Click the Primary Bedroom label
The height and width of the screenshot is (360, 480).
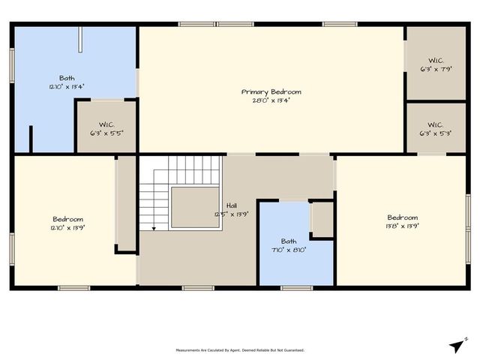(265, 91)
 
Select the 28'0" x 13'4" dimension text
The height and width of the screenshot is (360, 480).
(265, 100)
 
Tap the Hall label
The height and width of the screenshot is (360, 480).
(232, 205)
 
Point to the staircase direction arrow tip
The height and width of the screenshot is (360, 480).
(154, 228)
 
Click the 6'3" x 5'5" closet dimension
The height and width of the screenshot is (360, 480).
(106, 132)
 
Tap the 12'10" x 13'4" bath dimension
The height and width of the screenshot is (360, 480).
(67, 86)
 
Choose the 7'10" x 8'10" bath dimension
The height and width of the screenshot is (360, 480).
(289, 249)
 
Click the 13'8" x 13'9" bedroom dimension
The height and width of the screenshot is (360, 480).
(403, 225)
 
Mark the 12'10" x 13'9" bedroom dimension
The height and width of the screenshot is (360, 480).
(67, 226)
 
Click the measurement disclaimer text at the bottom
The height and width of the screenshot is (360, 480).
(240, 350)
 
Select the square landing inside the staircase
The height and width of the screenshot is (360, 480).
(195, 207)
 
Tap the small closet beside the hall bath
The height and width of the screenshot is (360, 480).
(322, 220)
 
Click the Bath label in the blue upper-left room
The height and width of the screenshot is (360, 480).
(67, 78)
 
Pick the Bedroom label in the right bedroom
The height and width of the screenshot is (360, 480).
(403, 217)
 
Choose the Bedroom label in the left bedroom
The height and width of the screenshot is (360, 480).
(67, 217)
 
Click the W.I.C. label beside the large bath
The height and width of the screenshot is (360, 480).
(106, 124)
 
